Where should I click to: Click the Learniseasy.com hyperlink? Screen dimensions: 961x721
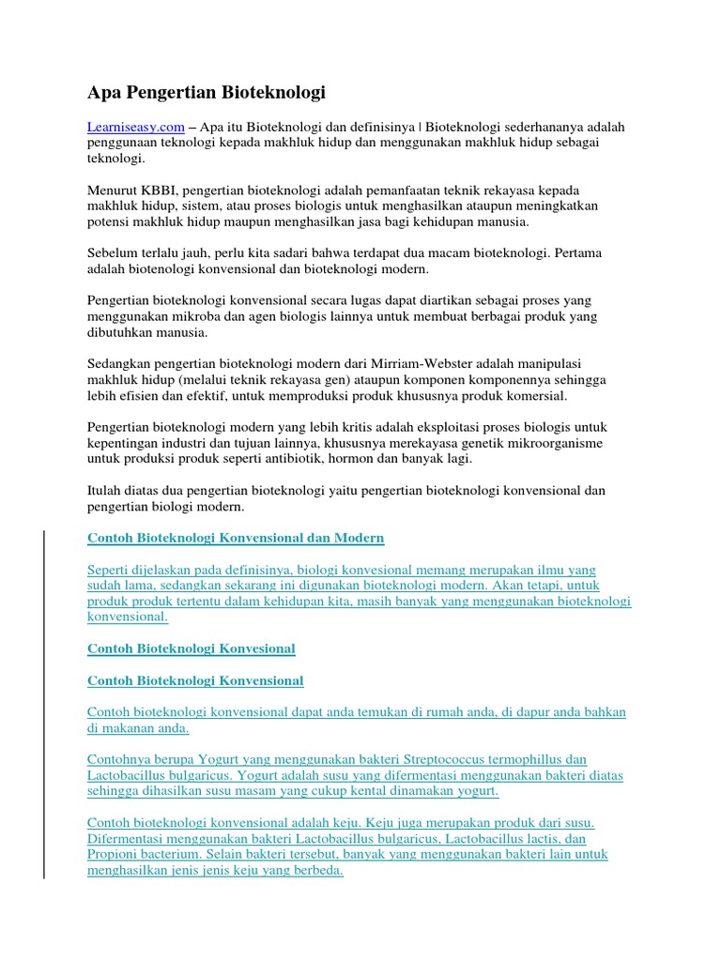(x=134, y=127)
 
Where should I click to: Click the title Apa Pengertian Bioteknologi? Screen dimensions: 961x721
(x=207, y=92)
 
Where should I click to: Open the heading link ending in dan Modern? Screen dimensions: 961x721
(x=236, y=538)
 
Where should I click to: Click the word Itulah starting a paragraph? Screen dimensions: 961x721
(x=106, y=491)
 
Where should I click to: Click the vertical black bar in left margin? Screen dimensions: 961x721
(x=44, y=704)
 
